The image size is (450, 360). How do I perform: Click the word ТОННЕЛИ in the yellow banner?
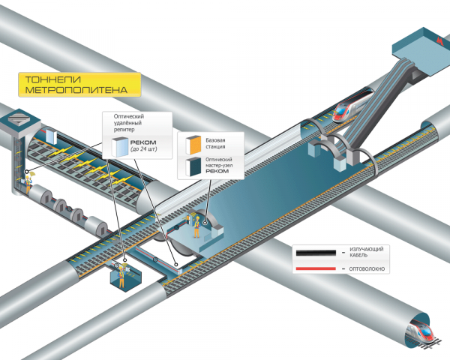(53, 79)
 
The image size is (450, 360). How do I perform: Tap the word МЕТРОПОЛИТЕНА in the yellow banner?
(76, 90)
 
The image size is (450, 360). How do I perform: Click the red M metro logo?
(439, 40)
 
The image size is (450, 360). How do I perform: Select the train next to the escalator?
(352, 106)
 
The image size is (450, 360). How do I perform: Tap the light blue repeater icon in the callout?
(120, 147)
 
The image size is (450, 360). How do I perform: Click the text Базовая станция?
(215, 143)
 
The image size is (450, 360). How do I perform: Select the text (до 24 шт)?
(143, 149)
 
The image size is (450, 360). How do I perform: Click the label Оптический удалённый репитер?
(128, 123)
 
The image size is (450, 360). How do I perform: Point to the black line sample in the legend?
(316, 253)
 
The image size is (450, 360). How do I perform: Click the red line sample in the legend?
(316, 268)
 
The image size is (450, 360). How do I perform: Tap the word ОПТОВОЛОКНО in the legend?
(367, 269)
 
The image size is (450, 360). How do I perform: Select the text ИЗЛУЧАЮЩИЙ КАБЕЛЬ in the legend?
(366, 252)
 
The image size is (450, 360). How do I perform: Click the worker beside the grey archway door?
(196, 226)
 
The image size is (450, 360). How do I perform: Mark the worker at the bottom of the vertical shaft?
(28, 184)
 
